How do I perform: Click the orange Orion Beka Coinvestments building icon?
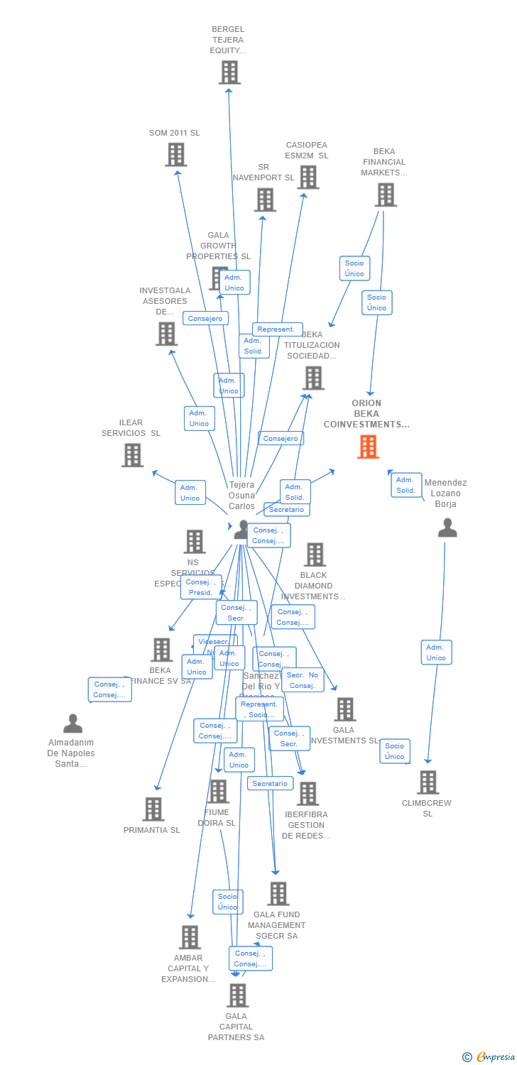click(x=368, y=447)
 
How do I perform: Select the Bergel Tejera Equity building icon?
click(x=229, y=72)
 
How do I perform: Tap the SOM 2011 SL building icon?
click(x=175, y=154)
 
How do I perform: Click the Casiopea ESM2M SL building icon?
click(x=308, y=177)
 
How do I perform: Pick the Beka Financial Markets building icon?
click(x=386, y=195)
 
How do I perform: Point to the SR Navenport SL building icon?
click(x=265, y=200)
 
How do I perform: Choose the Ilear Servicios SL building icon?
click(x=132, y=455)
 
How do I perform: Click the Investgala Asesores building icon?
click(x=166, y=333)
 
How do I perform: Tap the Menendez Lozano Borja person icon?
click(x=447, y=528)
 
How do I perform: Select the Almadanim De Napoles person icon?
click(x=72, y=723)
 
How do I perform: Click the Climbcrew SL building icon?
click(x=428, y=782)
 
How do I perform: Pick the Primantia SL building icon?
click(x=153, y=809)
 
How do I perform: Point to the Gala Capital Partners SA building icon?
click(x=237, y=995)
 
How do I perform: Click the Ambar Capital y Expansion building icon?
click(x=190, y=936)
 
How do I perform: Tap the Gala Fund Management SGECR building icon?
click(x=278, y=893)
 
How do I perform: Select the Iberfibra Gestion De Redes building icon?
click(x=308, y=793)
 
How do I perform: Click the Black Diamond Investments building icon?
click(x=314, y=555)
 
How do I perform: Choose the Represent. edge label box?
click(x=277, y=329)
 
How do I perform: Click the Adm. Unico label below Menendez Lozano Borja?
click(x=436, y=652)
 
